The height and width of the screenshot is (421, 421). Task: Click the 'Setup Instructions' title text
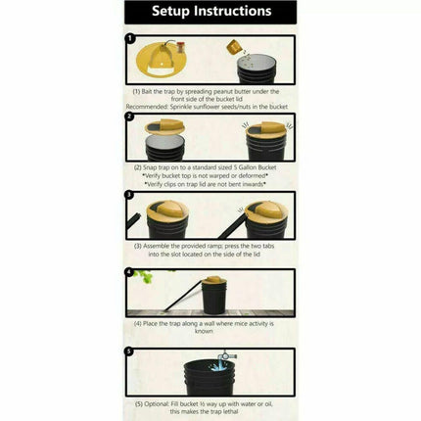tap(210, 12)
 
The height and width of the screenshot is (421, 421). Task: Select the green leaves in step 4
tap(146, 277)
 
